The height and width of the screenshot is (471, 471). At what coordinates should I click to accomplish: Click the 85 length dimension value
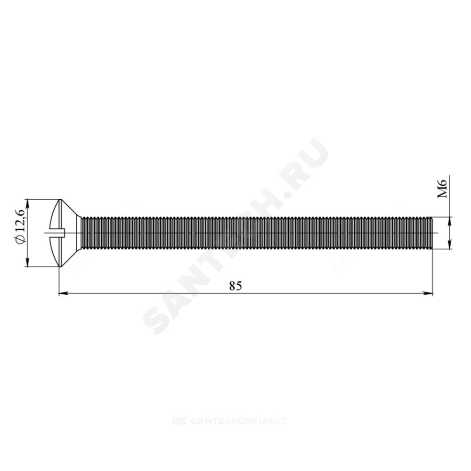(235, 286)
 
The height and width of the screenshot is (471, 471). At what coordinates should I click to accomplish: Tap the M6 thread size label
(442, 188)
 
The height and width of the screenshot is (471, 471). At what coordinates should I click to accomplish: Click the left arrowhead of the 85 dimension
(63, 293)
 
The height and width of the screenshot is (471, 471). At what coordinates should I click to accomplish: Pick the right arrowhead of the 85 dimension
(428, 293)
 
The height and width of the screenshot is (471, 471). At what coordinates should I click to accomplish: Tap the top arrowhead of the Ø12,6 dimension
(28, 203)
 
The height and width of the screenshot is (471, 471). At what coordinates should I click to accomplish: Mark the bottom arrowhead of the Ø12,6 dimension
(28, 262)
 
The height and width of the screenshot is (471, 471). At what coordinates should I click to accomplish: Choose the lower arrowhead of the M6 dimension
(450, 245)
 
